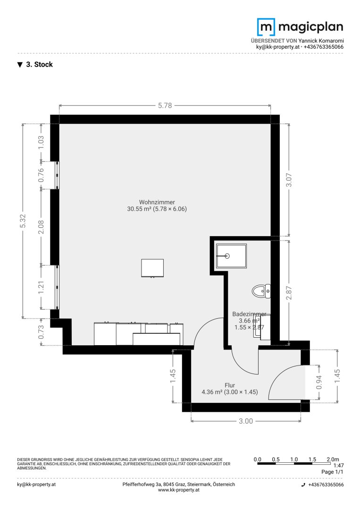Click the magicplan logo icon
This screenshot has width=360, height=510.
click(266, 27)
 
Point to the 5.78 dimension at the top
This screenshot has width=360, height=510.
click(165, 105)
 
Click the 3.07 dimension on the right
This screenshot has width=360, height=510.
click(289, 180)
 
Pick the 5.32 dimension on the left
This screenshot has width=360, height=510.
click(23, 221)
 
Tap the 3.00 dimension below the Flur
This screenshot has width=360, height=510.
click(246, 421)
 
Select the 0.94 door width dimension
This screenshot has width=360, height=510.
click(319, 382)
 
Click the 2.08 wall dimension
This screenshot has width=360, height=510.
click(41, 227)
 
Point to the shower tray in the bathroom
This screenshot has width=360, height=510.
click(231, 255)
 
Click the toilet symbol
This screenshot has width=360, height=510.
click(261, 291)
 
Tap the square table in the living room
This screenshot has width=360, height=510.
click(152, 268)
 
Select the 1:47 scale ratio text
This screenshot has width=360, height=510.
click(339, 466)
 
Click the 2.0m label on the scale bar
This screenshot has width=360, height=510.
click(333, 459)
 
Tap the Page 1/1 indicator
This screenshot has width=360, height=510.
click(332, 472)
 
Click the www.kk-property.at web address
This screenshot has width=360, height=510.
click(179, 490)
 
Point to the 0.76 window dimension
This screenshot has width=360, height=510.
click(41, 175)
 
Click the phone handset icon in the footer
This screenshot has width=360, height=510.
click(303, 484)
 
